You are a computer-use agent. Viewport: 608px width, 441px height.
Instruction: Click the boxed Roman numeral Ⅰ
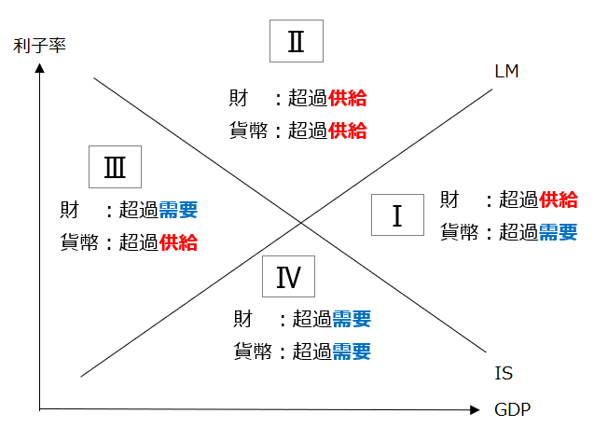tap(397, 215)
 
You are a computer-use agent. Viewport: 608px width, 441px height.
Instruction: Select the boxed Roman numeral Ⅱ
tap(296, 42)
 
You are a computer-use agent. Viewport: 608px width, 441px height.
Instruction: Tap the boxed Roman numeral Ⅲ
tap(115, 168)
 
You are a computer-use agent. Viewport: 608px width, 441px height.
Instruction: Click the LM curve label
tap(507, 72)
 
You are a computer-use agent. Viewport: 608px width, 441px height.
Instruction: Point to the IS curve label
tap(504, 374)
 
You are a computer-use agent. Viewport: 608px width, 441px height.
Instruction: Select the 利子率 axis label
tap(39, 44)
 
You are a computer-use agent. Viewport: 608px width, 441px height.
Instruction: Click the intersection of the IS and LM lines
tap(300, 222)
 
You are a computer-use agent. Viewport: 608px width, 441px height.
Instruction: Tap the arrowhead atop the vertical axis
tap(39, 67)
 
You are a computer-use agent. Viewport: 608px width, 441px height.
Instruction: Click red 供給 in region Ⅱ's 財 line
tap(348, 99)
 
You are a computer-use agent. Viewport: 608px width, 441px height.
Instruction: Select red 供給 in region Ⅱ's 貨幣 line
tap(348, 130)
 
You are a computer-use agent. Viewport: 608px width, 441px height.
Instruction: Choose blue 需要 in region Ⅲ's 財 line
tap(178, 211)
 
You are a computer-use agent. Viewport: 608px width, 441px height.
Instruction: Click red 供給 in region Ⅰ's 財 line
tap(559, 200)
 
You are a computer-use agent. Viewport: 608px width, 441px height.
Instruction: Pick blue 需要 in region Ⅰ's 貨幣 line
tap(559, 231)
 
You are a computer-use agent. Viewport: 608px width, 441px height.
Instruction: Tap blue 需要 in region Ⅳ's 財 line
tap(352, 320)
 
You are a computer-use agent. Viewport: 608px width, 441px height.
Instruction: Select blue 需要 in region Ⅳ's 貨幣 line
tap(352, 351)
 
